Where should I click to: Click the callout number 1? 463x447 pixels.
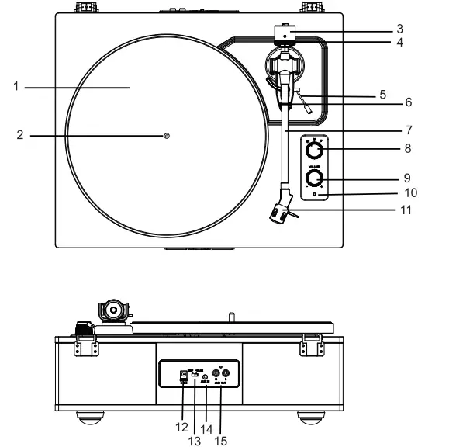click(16, 87)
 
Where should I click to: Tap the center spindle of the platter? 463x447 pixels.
click(167, 136)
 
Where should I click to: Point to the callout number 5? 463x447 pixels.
click(382, 95)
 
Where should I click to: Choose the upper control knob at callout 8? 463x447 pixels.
click(315, 150)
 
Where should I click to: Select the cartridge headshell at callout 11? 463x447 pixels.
click(281, 213)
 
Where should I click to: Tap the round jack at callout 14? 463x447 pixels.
click(205, 377)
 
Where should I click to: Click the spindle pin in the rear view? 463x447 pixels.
click(230, 317)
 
